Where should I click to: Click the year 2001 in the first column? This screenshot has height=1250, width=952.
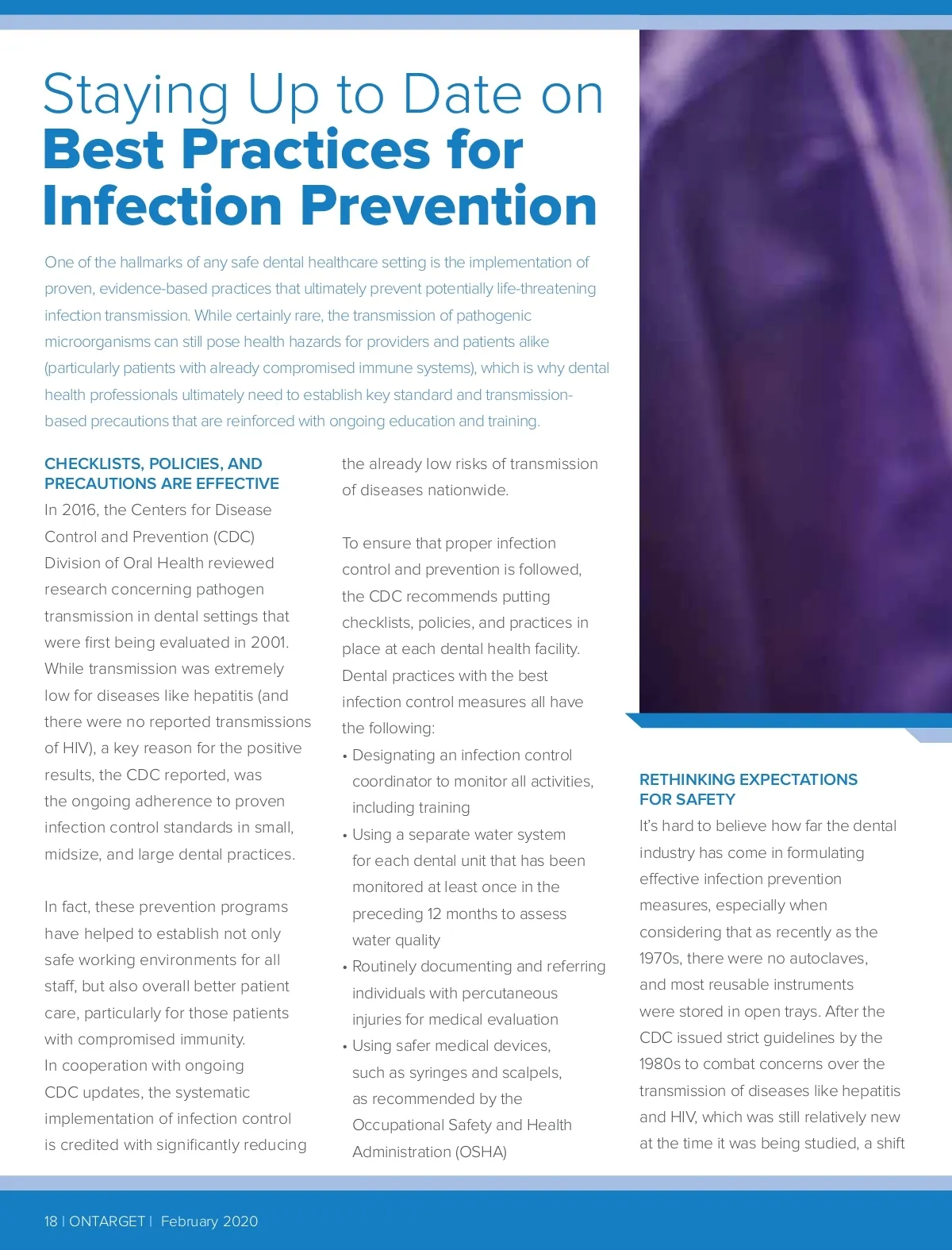point(269,643)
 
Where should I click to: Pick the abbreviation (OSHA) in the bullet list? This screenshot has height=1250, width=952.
point(478,1152)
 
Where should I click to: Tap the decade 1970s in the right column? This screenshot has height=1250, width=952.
point(660,959)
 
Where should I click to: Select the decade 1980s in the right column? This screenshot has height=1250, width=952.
point(660,1064)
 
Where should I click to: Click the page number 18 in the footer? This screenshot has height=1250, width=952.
point(51,1221)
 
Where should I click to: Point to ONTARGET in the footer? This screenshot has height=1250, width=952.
point(107,1221)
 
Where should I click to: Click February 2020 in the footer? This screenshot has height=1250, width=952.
point(209,1221)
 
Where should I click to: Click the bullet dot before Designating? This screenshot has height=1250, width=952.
point(345,756)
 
